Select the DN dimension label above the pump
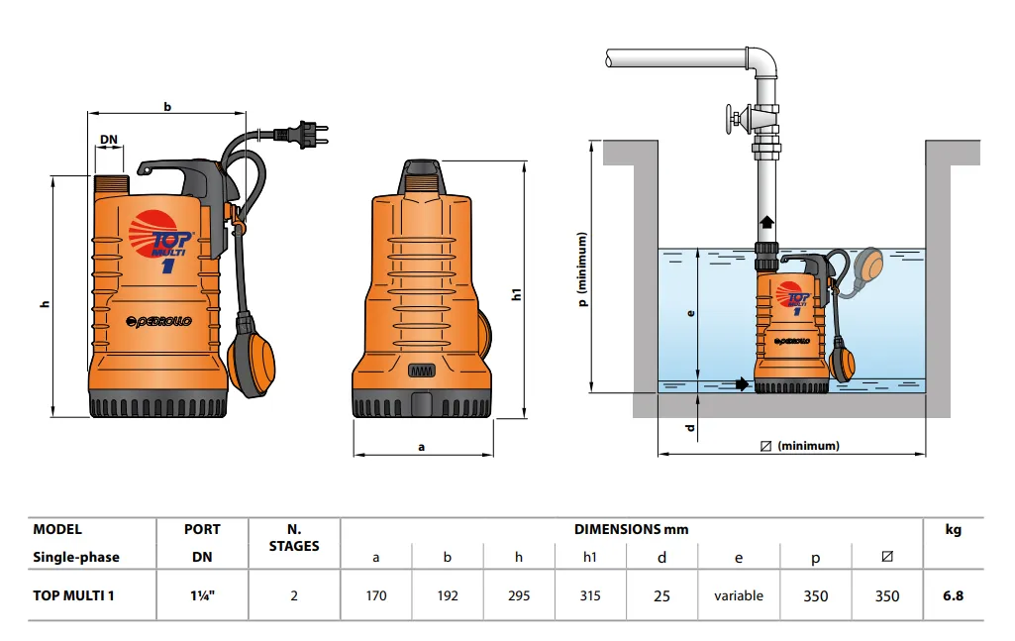pyautogui.click(x=110, y=140)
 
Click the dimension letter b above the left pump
pyautogui.click(x=167, y=106)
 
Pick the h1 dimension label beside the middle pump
pyautogui.click(x=517, y=293)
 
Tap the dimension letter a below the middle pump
pyautogui.click(x=422, y=447)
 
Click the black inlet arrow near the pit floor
pyautogui.click(x=742, y=383)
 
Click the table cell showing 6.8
pyautogui.click(x=953, y=595)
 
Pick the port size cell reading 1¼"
pyautogui.click(x=202, y=595)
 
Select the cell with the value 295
pyautogui.click(x=518, y=595)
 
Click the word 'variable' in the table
pyautogui.click(x=739, y=595)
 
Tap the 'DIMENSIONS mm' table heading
pyautogui.click(x=631, y=529)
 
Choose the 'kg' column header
pyautogui.click(x=953, y=530)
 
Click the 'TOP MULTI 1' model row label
pyautogui.click(x=80, y=595)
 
